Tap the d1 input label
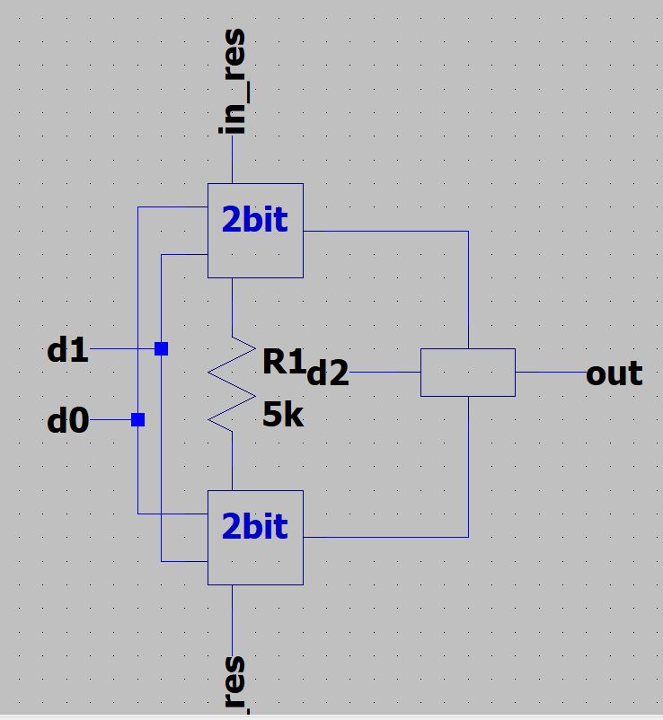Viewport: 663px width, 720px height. (x=68, y=350)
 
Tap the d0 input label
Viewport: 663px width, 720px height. (x=68, y=419)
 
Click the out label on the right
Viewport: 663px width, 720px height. (x=614, y=373)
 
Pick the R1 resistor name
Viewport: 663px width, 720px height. (x=284, y=361)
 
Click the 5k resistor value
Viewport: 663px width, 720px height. (x=284, y=415)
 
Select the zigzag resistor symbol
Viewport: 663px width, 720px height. (x=232, y=382)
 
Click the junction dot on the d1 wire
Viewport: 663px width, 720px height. (x=161, y=348)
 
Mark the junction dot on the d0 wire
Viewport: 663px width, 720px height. (x=137, y=419)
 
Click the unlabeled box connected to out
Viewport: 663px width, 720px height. (x=467, y=373)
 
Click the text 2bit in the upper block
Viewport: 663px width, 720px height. (x=255, y=219)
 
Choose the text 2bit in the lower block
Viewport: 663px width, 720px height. (x=255, y=526)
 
